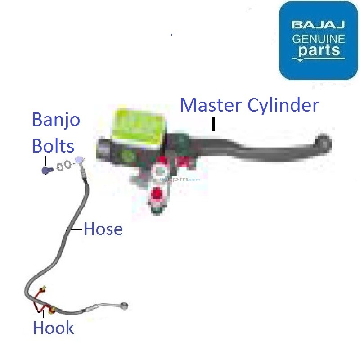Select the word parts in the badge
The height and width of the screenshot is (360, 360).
(319, 50)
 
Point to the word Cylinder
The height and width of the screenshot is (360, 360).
(283, 106)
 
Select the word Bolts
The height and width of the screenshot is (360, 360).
(53, 146)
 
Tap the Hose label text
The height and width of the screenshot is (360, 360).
(103, 229)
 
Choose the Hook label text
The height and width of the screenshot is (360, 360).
(53, 328)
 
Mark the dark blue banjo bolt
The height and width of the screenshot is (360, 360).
(46, 171)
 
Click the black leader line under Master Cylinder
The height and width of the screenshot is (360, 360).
(214, 124)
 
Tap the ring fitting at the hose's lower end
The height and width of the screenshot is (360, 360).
(125, 306)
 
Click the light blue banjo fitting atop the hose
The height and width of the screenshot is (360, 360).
(80, 160)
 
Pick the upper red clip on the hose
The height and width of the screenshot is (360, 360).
(44, 290)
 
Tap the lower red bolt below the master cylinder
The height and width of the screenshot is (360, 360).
(157, 194)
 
